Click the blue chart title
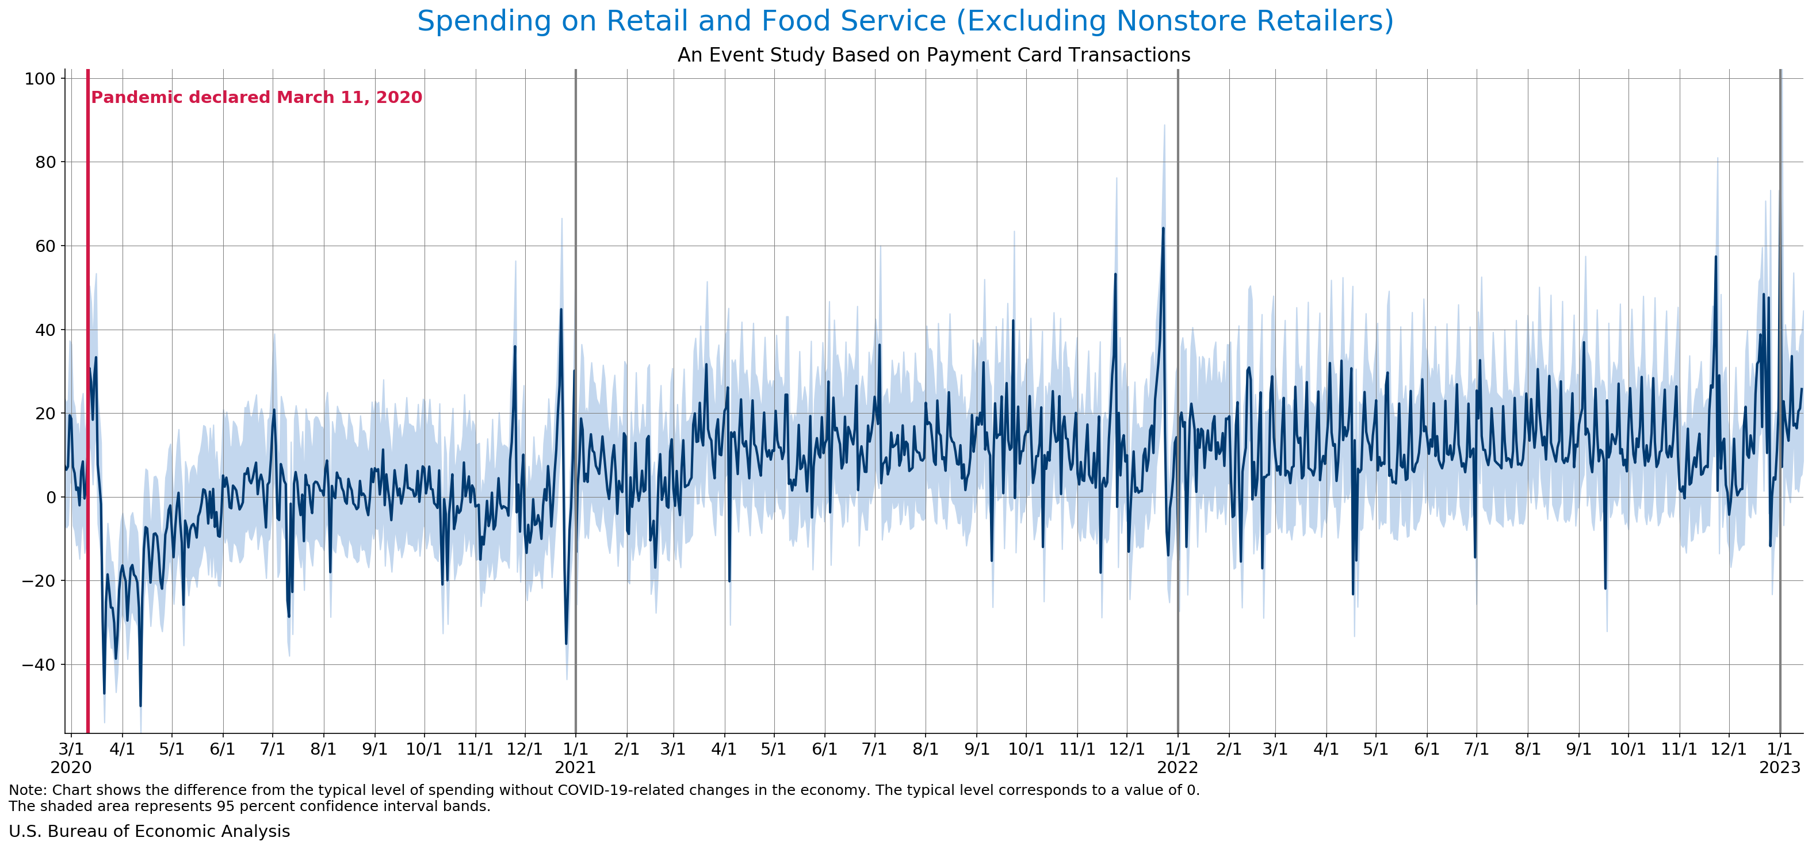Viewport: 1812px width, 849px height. [905, 21]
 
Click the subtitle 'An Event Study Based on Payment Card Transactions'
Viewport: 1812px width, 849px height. [934, 55]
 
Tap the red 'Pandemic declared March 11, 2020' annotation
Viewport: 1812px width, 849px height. [257, 97]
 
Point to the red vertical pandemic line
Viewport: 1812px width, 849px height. [88, 401]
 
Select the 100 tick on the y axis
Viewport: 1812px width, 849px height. [40, 79]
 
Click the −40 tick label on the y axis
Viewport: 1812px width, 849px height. [39, 665]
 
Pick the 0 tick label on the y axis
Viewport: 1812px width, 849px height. [51, 498]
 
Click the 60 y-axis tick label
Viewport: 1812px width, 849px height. [45, 246]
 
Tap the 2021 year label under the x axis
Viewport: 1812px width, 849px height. [575, 767]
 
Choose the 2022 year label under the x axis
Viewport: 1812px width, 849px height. [1178, 767]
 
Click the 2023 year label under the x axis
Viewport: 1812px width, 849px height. [1780, 767]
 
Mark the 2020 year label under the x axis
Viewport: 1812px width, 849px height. [71, 767]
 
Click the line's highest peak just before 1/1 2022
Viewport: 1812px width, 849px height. [1163, 228]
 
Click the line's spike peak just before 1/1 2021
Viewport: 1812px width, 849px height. [561, 309]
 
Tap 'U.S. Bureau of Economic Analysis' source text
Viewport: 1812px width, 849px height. [149, 831]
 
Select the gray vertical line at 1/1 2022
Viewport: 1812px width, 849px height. [1178, 401]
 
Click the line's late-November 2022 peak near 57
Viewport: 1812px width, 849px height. [1715, 256]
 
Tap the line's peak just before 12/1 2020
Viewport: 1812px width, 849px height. [515, 346]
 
